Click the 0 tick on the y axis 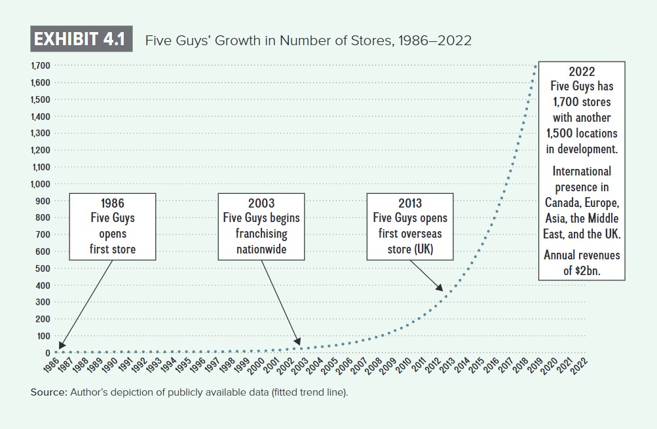[x=47, y=353]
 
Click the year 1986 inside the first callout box [x=113, y=203]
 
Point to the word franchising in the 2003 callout [x=261, y=233]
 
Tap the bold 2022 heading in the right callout [x=582, y=71]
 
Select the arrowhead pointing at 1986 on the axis [x=61, y=347]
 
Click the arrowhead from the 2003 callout [x=299, y=343]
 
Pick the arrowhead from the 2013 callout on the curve [x=440, y=288]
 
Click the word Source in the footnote [x=48, y=393]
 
